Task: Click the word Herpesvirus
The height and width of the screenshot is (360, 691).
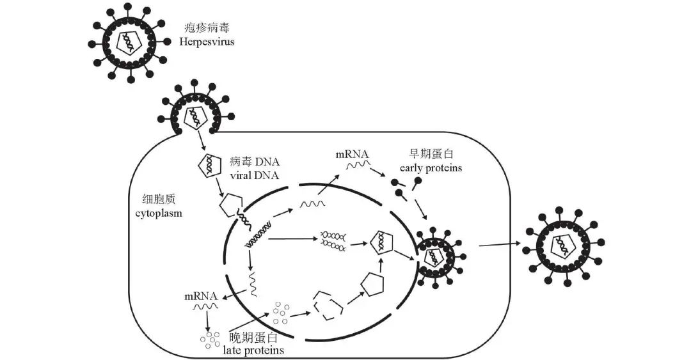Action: (x=208, y=42)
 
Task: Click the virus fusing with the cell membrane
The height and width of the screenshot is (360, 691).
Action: (x=192, y=113)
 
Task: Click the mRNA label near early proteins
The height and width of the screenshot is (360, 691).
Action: (x=351, y=154)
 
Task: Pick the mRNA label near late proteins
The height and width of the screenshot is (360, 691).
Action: (x=200, y=296)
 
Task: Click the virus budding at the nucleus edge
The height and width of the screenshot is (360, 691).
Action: (x=438, y=255)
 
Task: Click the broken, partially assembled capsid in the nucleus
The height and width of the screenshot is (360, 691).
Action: (x=330, y=304)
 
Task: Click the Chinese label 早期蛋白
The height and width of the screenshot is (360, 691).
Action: (x=433, y=154)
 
